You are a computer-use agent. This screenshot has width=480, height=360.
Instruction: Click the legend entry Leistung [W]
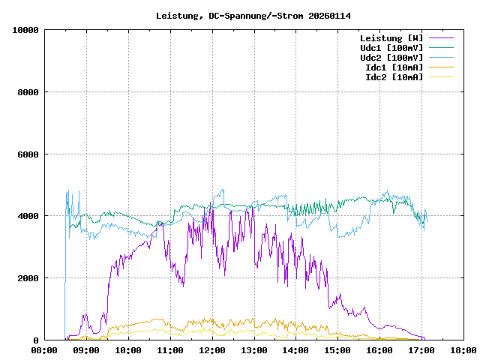click(x=391, y=38)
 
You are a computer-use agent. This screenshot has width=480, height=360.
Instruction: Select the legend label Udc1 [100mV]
click(x=391, y=48)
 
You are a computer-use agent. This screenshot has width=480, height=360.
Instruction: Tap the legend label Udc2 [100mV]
click(x=391, y=58)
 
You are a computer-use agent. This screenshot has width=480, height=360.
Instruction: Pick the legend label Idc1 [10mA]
click(x=393, y=67)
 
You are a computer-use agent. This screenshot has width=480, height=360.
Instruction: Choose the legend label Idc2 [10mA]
click(x=393, y=77)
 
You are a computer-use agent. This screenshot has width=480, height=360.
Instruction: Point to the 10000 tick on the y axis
click(x=25, y=30)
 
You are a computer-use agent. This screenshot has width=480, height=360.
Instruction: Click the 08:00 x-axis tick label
click(x=44, y=349)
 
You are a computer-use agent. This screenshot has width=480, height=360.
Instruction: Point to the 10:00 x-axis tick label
click(x=128, y=349)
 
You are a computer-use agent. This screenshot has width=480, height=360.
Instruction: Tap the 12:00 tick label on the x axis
click(x=212, y=349)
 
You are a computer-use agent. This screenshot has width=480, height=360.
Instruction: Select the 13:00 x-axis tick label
click(x=254, y=349)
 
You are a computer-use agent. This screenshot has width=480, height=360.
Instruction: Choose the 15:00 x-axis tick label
click(x=337, y=349)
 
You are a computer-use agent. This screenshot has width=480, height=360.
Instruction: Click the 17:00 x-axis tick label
click(x=421, y=349)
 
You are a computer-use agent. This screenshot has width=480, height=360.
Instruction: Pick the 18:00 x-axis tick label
click(x=463, y=349)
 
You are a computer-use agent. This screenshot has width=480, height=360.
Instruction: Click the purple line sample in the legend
click(x=441, y=38)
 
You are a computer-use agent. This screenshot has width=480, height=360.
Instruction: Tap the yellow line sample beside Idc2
click(x=441, y=77)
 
